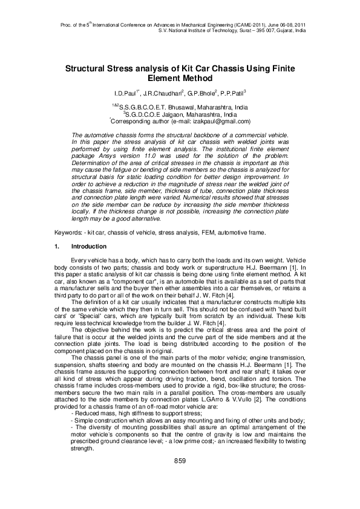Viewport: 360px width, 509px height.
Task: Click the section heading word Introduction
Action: point(89,247)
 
